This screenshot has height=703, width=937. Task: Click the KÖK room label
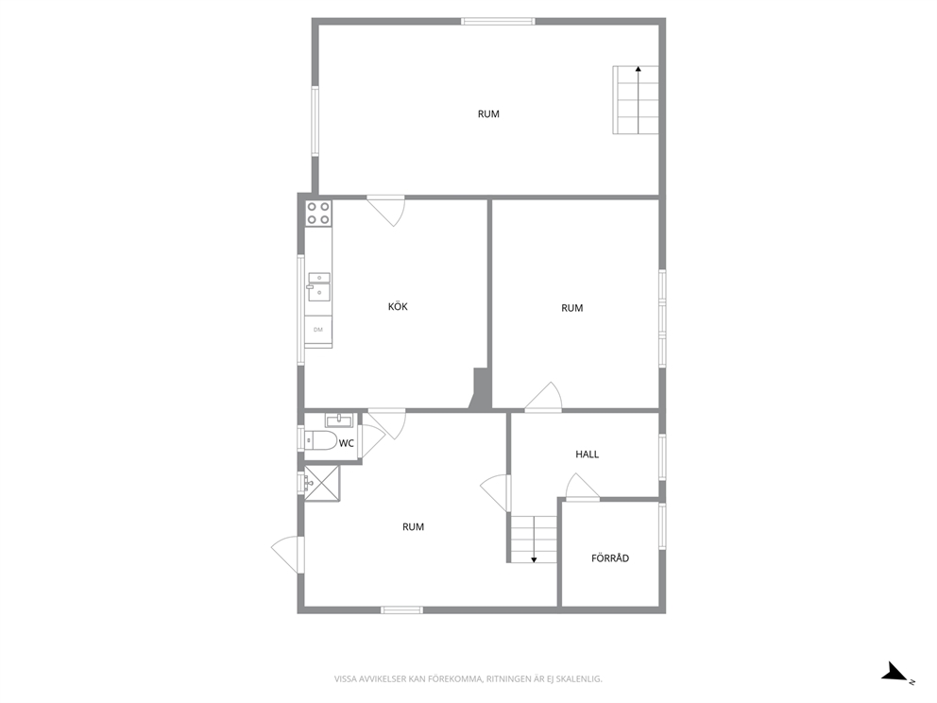[398, 307]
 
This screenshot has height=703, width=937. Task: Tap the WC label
[346, 443]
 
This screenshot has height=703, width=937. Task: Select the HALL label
[587, 454]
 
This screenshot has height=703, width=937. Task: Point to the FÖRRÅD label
[610, 558]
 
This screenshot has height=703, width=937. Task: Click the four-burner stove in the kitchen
[318, 214]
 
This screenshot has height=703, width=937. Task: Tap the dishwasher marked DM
[318, 330]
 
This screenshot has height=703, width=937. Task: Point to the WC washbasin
[339, 420]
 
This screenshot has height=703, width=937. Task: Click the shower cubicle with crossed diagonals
[322, 483]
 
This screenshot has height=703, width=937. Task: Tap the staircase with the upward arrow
[636, 100]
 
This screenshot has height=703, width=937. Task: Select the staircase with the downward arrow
[534, 540]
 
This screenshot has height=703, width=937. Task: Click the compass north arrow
[897, 673]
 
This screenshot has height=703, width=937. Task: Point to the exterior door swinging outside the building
[287, 555]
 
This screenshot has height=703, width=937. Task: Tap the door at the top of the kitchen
[386, 211]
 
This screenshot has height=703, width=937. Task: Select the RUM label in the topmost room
[488, 114]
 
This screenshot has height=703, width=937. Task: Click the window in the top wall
[498, 22]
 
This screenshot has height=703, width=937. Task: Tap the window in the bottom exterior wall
[402, 609]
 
